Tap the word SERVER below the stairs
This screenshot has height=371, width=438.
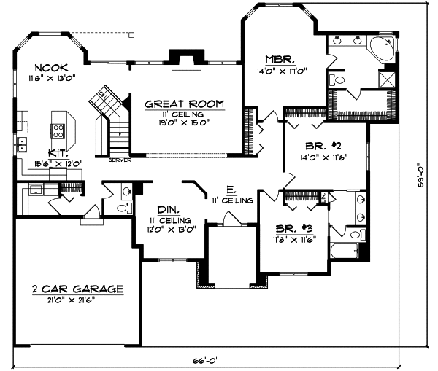120,160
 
